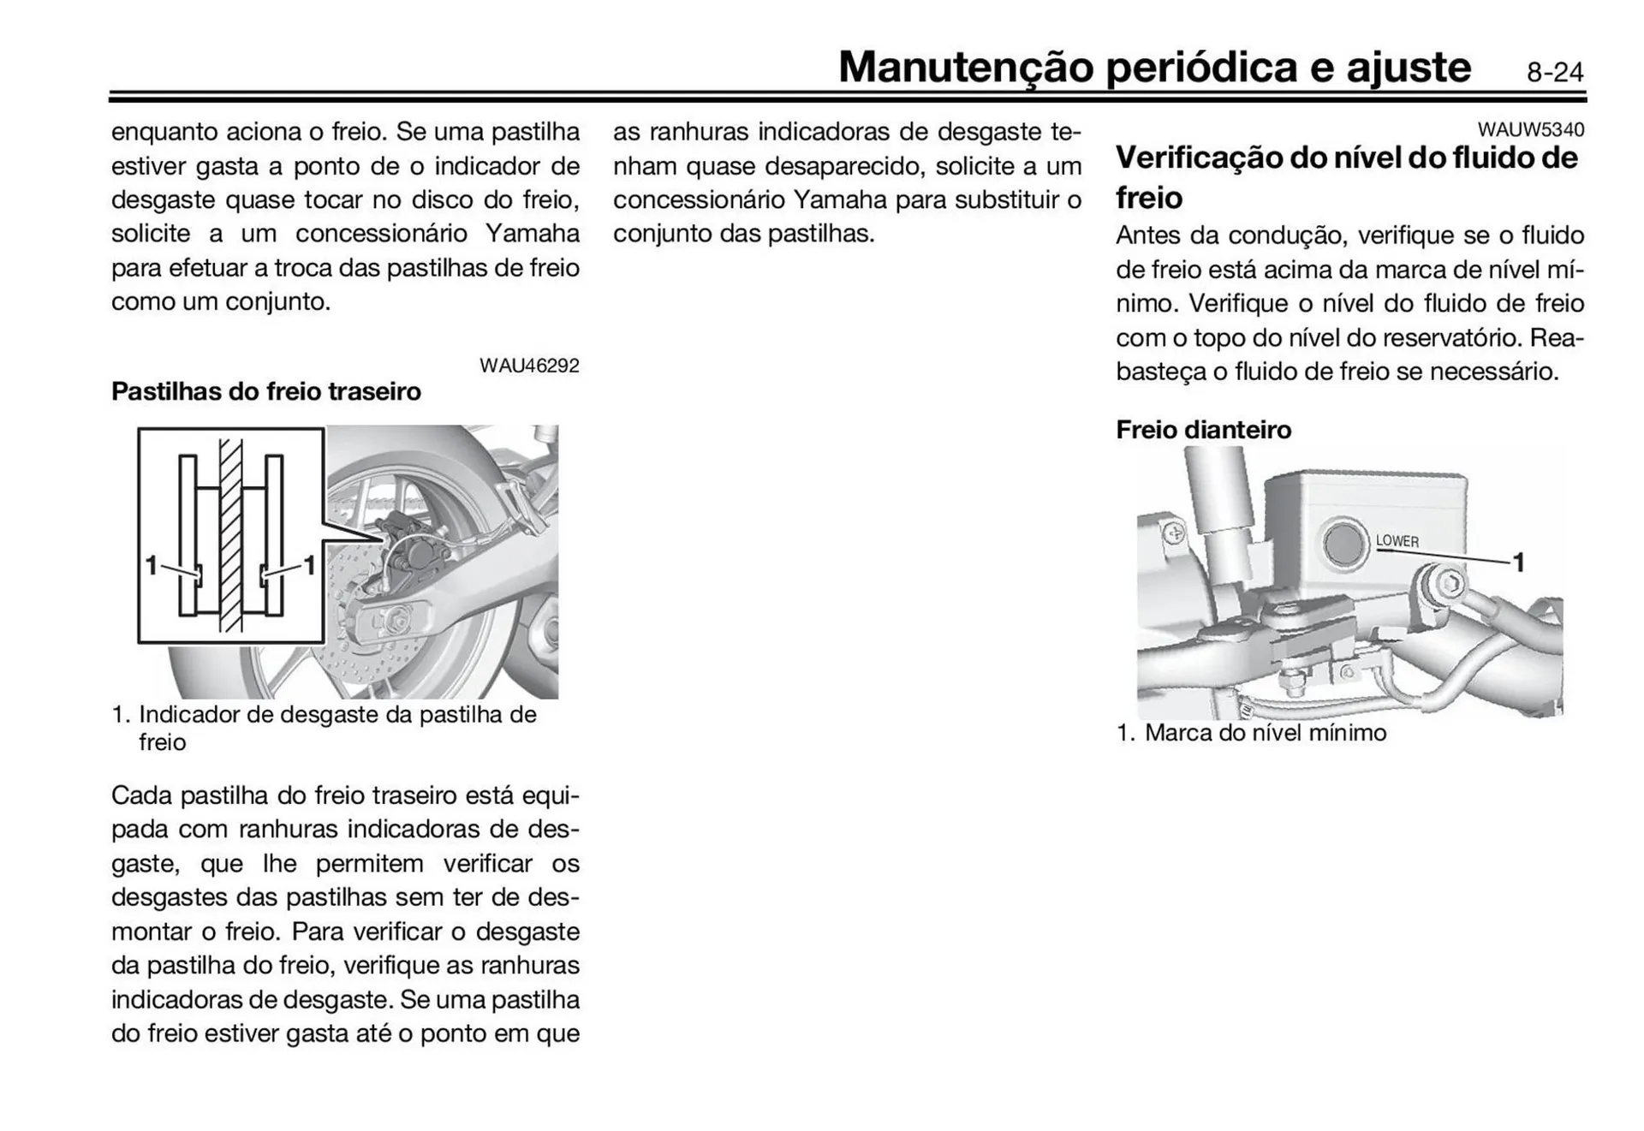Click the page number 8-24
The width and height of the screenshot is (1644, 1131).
coord(1554,72)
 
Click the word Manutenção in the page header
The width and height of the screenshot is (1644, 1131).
coord(966,68)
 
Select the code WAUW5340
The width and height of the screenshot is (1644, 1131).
coord(1530,129)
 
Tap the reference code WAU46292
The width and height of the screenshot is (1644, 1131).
coord(529,366)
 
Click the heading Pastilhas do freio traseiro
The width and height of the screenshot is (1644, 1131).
coord(266,391)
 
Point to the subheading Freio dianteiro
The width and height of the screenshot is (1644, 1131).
coord(1203,429)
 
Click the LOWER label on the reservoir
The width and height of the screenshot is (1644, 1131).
coord(1397,541)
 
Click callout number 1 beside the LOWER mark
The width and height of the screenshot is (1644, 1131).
coord(1518,563)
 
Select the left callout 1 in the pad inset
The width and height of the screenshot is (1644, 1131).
coord(151,565)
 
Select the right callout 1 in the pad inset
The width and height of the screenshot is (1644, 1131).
coord(309,565)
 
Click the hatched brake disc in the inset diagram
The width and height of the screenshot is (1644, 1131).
coord(230,535)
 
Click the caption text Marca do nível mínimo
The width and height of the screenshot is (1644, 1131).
coord(1265,733)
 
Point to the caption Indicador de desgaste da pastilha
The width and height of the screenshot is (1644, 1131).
coord(337,715)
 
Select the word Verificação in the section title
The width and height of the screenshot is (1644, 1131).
coord(1200,158)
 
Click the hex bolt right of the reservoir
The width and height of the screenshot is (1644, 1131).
coord(1448,585)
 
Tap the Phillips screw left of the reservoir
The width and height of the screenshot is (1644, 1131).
coord(1175,533)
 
